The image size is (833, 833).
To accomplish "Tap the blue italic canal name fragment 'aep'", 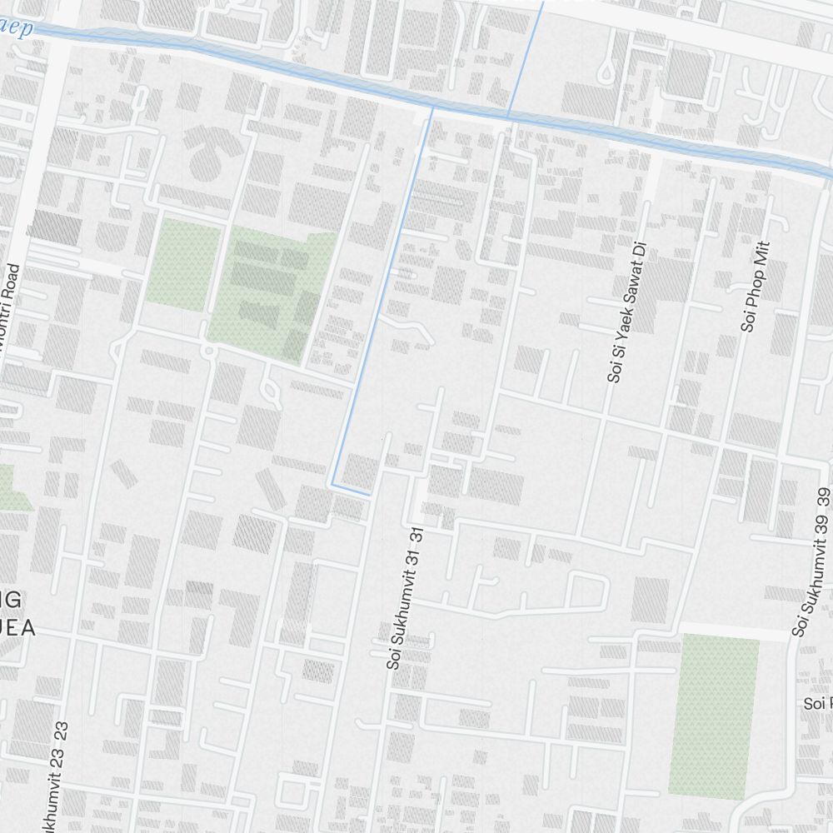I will tap(17, 29).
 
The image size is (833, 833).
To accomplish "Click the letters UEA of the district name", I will tap(18, 629).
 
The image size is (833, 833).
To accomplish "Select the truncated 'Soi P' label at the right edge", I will tap(817, 704).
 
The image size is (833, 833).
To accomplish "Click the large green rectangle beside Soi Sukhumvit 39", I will tap(714, 715).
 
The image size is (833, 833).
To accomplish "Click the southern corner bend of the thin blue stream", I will tap(334, 483).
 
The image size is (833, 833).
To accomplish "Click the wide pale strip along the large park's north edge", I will tap(733, 631).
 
